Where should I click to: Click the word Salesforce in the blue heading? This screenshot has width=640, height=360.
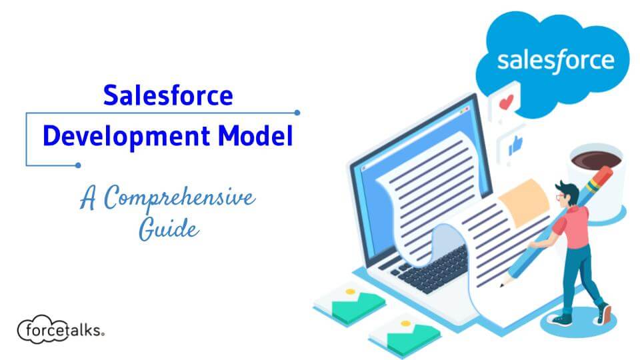pos(167,96)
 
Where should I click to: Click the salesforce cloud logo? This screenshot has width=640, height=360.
pos(555,61)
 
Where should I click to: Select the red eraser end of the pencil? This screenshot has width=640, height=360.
pos(603,175)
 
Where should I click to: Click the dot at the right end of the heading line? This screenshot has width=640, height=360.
pos(297,113)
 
